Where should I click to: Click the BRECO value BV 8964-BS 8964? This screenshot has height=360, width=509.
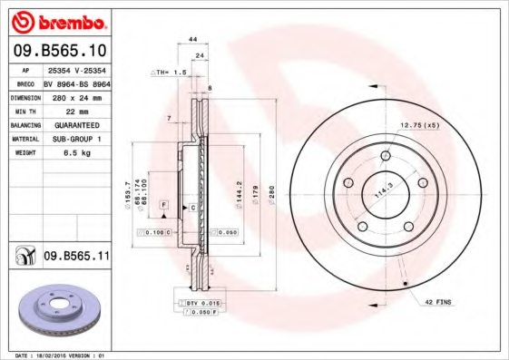77,81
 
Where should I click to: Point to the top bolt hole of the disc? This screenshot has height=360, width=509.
385,157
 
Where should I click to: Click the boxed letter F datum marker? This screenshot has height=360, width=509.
164,207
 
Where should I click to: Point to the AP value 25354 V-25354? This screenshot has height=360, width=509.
76,69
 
